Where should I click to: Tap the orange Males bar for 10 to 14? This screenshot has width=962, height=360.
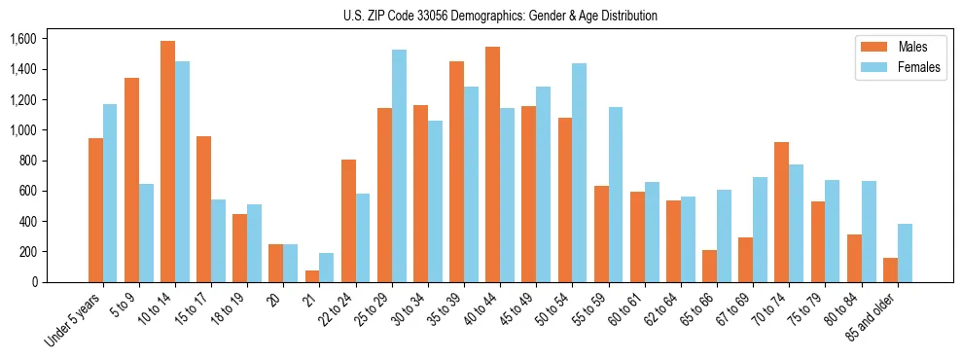(x=167, y=162)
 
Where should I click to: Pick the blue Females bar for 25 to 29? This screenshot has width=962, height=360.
(x=399, y=165)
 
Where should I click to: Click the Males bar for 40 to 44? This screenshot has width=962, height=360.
(x=492, y=164)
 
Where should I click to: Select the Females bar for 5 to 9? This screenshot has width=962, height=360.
(x=146, y=233)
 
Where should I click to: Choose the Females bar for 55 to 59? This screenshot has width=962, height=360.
(x=616, y=195)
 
